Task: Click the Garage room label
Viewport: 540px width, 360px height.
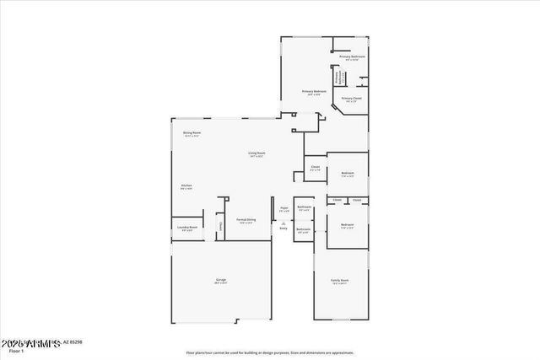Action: click(x=220, y=279)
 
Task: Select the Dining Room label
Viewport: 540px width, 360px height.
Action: click(x=192, y=132)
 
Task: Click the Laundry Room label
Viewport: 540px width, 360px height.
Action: click(x=187, y=227)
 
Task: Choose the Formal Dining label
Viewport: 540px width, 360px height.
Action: click(x=246, y=220)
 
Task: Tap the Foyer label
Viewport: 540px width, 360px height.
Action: click(x=283, y=208)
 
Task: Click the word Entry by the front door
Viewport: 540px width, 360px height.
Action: click(x=283, y=228)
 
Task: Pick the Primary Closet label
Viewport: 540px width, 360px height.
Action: click(x=351, y=98)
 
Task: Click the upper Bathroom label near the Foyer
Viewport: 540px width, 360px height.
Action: click(x=305, y=207)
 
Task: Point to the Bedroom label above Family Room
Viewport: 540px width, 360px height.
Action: click(x=347, y=225)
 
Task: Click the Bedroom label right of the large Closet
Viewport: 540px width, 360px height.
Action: click(x=347, y=173)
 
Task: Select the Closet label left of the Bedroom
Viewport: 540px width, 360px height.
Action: click(x=315, y=167)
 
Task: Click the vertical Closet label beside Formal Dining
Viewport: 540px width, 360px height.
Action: click(x=221, y=226)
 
